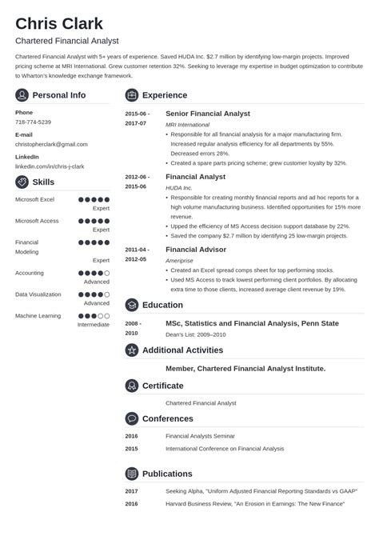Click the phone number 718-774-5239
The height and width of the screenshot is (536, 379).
pyautogui.click(x=33, y=122)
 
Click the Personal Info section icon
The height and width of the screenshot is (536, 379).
pyautogui.click(x=22, y=95)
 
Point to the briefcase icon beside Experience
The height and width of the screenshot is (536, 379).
pyautogui.click(x=132, y=95)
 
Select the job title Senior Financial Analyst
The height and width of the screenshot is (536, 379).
pyautogui.click(x=207, y=114)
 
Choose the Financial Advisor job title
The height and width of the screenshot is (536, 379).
pyautogui.click(x=196, y=250)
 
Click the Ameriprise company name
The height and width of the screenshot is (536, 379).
pyautogui.click(x=180, y=261)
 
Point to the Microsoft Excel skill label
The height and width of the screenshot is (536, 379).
pyautogui.click(x=34, y=198)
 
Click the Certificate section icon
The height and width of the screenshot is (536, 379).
pyautogui.click(x=132, y=386)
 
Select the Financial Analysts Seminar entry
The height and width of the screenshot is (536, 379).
pyautogui.click(x=199, y=436)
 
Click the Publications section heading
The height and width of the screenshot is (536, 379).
pyautogui.click(x=167, y=473)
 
